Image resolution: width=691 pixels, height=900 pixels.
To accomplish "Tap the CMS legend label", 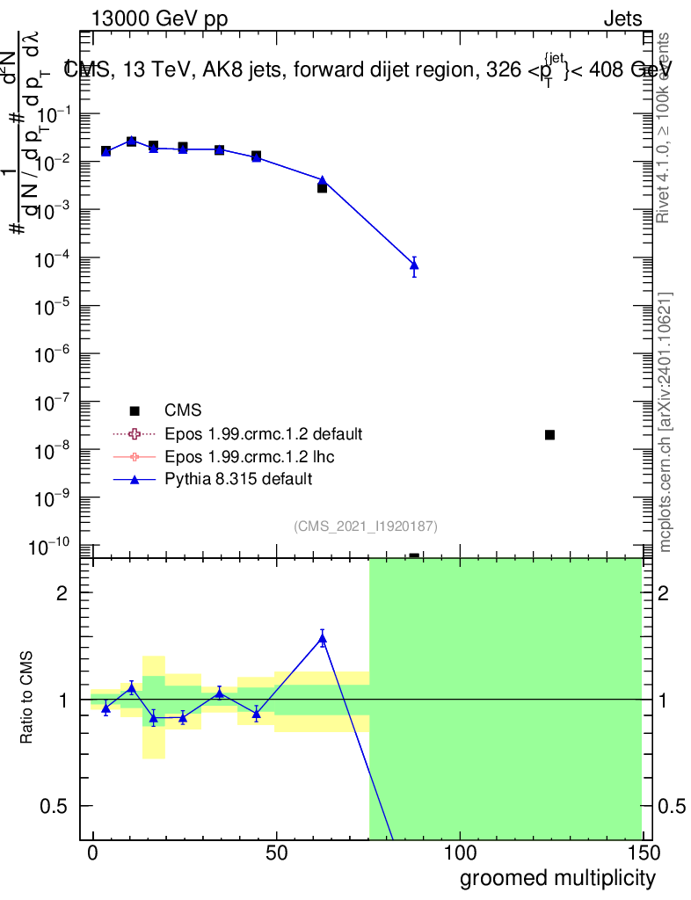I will pos(183,410).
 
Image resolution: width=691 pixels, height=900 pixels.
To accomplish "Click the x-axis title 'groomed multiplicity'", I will pos(557,877).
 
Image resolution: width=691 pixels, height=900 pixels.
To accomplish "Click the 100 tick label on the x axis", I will pos(460,853).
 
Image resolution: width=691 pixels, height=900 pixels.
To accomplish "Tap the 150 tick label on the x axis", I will pos(643,853).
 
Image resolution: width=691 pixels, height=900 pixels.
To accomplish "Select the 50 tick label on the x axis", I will pos(276,853).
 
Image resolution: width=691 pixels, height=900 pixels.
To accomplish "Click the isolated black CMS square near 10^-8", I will pos(549,435).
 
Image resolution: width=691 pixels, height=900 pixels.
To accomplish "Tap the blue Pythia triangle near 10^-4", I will pos(414,265).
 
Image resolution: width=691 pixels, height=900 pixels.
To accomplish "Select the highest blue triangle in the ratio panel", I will pos(323,639).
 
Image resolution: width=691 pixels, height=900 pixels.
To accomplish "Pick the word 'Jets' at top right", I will pos(622,19).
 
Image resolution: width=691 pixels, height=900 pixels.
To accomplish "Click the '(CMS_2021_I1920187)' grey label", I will pos(366,526).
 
